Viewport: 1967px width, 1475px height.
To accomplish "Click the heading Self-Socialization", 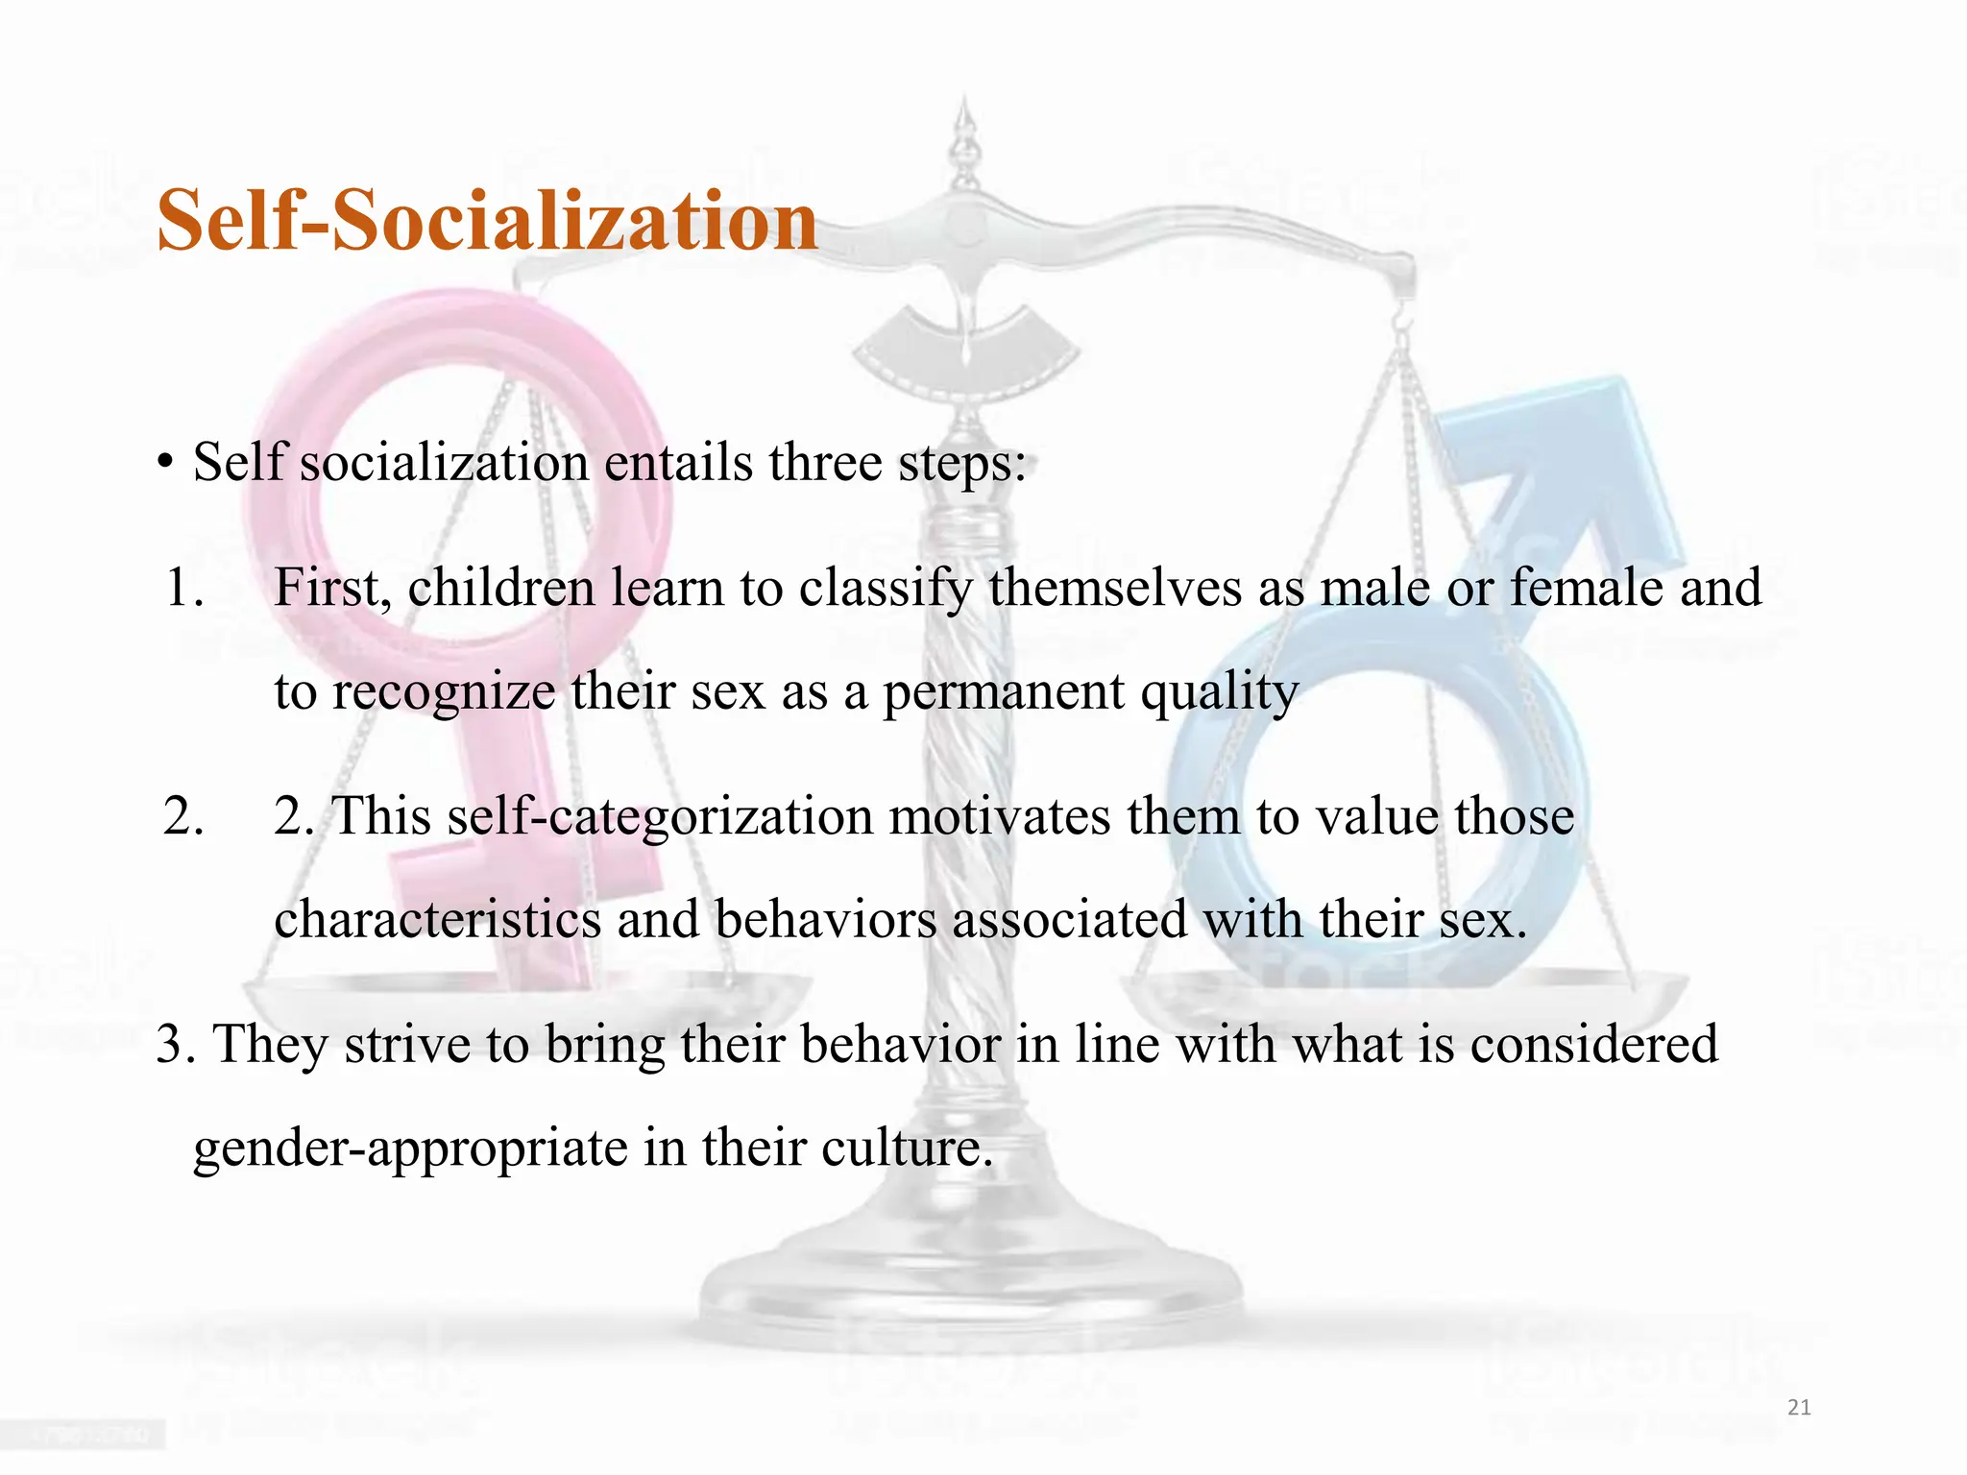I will click(487, 220).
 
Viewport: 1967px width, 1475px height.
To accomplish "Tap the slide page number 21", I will click(1799, 1408).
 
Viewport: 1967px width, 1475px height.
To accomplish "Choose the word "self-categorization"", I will click(660, 818).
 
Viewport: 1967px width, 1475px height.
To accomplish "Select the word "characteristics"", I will click(437, 919).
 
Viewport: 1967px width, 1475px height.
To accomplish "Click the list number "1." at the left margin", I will click(183, 588).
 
